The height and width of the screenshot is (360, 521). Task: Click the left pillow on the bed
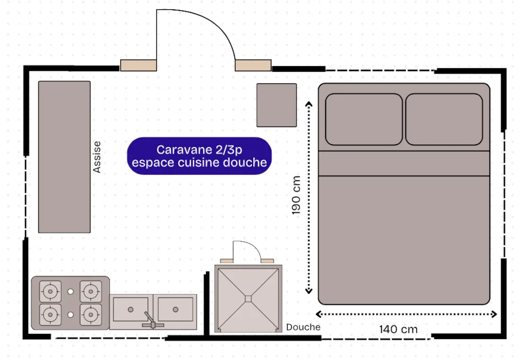click(x=364, y=119)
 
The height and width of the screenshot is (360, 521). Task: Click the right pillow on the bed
click(x=444, y=119)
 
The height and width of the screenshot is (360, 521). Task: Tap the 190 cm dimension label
click(x=296, y=195)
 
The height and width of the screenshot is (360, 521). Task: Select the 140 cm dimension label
click(x=399, y=329)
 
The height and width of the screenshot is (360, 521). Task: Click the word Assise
click(x=97, y=157)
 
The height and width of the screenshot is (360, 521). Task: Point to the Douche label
click(x=303, y=327)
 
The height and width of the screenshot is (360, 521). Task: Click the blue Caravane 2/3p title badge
click(x=200, y=156)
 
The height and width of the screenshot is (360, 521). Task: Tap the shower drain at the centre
click(x=249, y=299)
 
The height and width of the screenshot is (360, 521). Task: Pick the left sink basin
click(x=131, y=309)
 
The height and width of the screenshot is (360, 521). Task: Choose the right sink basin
click(x=176, y=309)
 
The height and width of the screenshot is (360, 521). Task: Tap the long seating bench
click(x=64, y=157)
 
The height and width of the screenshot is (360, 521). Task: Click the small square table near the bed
click(x=277, y=105)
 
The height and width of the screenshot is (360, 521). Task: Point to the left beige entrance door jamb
click(x=135, y=65)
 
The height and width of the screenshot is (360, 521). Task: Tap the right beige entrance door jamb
click(x=253, y=65)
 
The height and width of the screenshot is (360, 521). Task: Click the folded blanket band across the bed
click(x=404, y=163)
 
